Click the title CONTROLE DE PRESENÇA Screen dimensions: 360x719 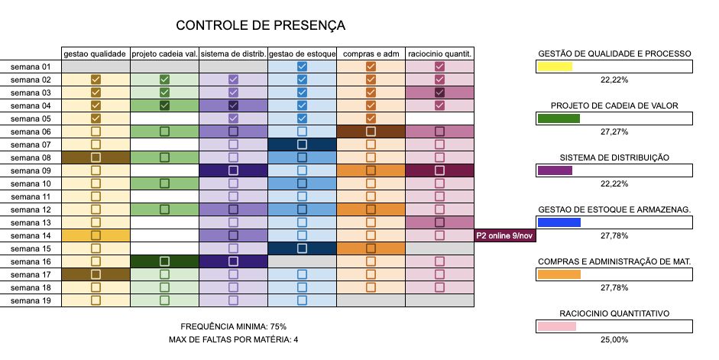point(260,25)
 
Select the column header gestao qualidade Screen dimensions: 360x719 point(96,54)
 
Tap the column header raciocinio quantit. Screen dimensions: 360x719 point(439,54)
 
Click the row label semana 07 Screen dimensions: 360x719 point(31,144)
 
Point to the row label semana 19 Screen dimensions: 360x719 point(31,300)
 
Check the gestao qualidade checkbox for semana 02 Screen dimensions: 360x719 point(96,79)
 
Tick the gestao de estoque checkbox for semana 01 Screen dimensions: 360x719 point(302,66)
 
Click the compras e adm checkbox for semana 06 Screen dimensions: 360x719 point(371,131)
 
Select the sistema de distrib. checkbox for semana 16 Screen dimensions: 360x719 point(233,261)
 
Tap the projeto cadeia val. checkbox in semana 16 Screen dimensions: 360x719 point(164,261)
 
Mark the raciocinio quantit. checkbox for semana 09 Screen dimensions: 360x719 point(439,170)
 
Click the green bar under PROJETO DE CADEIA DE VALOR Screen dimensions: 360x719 point(559,118)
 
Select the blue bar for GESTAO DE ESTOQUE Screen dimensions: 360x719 point(559,222)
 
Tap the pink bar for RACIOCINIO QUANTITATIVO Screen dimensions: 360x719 point(557,326)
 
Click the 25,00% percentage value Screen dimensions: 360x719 point(615,339)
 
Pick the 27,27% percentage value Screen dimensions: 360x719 point(615,131)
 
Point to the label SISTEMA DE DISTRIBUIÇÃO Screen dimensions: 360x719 point(614,157)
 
